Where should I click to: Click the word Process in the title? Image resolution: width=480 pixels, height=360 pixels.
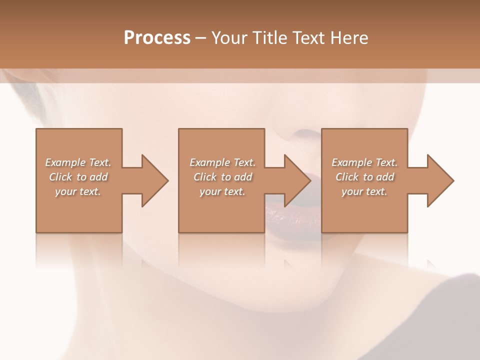pyautogui.click(x=157, y=38)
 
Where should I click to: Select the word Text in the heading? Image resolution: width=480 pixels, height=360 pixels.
pyautogui.click(x=307, y=38)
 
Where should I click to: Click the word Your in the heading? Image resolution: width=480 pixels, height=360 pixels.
pyautogui.click(x=229, y=38)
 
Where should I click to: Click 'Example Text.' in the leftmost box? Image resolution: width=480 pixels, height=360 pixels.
pyautogui.click(x=78, y=162)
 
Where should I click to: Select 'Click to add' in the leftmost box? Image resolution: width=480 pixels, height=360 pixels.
pyautogui.click(x=78, y=177)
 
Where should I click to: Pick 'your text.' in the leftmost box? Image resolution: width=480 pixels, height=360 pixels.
pyautogui.click(x=78, y=191)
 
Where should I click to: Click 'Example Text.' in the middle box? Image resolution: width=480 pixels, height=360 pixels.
pyautogui.click(x=222, y=162)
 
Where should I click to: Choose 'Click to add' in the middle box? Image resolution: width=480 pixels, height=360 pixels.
pyautogui.click(x=222, y=177)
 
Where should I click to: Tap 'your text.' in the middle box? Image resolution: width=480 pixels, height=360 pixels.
pyautogui.click(x=222, y=191)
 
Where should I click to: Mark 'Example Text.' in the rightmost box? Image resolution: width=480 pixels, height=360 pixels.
pyautogui.click(x=364, y=162)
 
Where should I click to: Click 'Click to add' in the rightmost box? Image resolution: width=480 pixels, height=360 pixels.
pyautogui.click(x=364, y=177)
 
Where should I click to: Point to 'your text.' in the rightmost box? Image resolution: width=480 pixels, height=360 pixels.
pyautogui.click(x=364, y=191)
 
